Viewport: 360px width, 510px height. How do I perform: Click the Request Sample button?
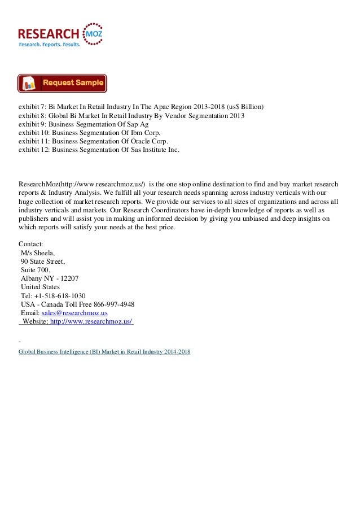tap(62, 83)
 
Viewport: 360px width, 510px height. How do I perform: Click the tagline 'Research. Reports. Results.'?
tap(50, 44)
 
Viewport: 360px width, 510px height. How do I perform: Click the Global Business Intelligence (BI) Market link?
tap(104, 351)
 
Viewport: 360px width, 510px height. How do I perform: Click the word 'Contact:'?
tap(31, 243)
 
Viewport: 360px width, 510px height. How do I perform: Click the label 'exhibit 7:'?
tap(33, 106)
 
